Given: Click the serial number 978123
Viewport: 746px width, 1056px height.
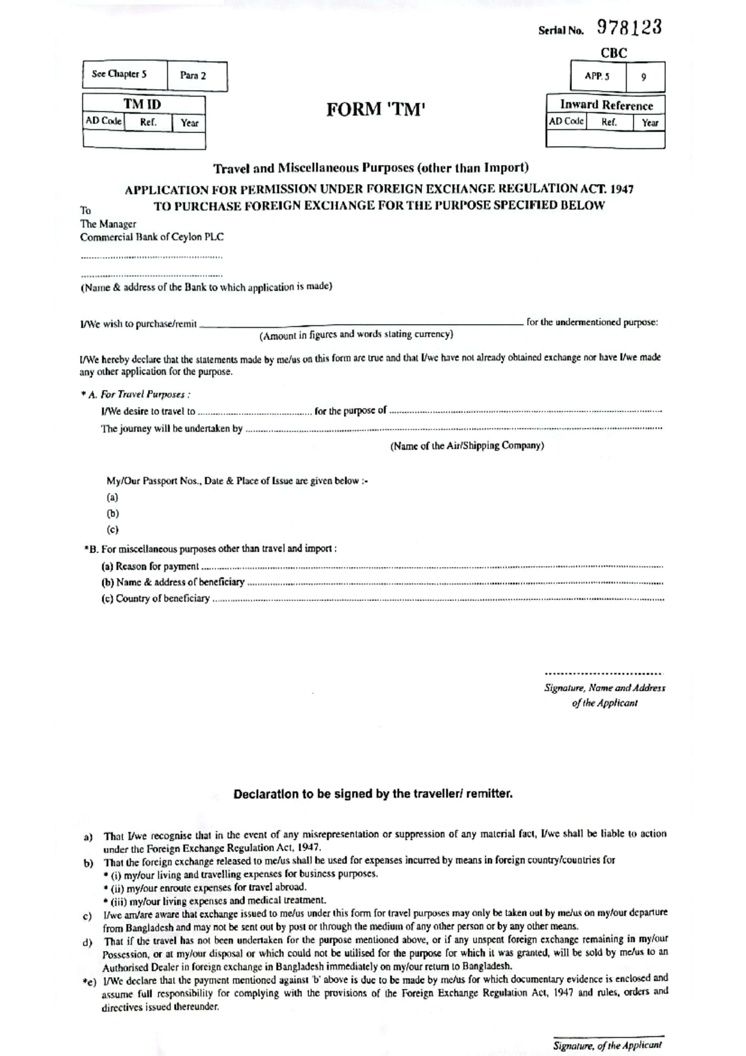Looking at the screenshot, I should point(629,27).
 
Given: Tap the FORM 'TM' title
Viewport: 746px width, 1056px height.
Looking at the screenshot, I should point(375,110).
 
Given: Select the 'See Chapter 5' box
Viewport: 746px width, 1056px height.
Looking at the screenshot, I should point(119,74).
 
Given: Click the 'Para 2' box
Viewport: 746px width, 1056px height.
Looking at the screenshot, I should point(193,76).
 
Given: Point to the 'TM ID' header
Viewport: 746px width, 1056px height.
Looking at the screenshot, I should point(142,104).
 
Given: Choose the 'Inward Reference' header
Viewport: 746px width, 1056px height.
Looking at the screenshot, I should point(606,105).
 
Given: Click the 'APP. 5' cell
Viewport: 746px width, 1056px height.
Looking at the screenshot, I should point(597,76).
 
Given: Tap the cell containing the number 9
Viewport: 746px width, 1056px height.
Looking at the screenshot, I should point(643,77).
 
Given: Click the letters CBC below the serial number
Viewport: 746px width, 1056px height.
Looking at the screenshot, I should point(614,53).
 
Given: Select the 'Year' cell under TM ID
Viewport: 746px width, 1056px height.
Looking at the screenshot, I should point(189,123).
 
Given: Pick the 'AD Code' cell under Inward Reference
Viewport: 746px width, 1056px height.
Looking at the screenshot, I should point(566,121).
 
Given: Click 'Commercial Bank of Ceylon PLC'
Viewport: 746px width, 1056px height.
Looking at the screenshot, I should point(152,237).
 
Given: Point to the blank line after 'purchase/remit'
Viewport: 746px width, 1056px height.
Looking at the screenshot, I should point(361,323).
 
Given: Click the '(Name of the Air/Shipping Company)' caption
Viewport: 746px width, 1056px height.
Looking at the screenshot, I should point(467,446).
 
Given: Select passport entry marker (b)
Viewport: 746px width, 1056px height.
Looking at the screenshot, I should point(113,514).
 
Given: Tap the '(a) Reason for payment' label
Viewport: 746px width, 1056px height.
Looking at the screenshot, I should point(150,567).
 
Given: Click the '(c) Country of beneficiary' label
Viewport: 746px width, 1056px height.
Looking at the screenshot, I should point(155,599).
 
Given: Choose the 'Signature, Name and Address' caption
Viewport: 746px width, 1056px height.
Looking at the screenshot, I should point(604,688).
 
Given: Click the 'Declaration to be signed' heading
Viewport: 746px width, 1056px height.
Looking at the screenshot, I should point(373,794).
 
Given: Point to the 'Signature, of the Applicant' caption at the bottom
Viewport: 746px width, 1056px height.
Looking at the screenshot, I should point(607,1046).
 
